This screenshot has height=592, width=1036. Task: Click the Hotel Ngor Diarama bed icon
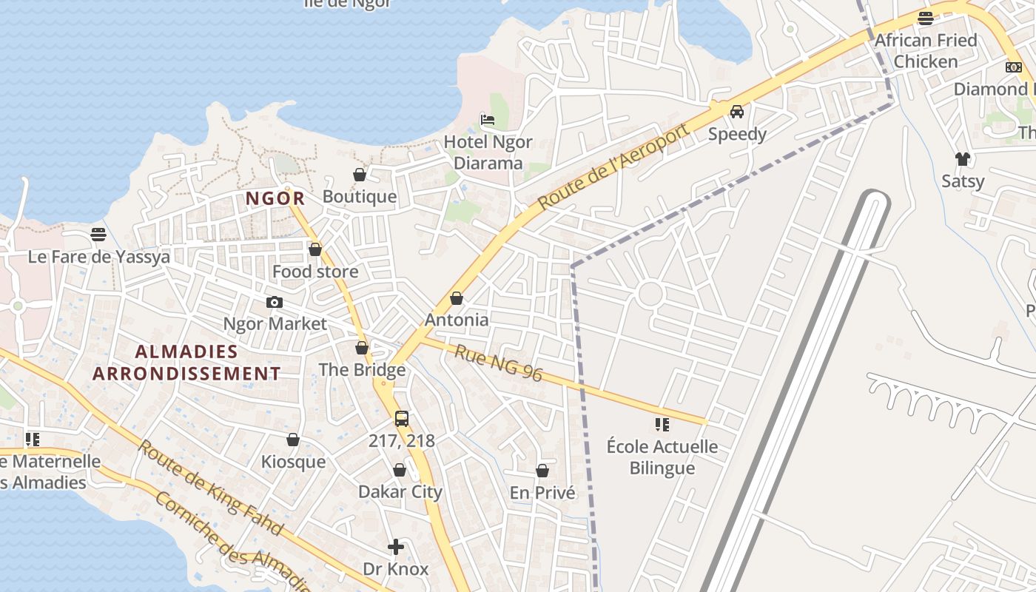click(487, 119)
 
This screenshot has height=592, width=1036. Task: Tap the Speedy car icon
click(737, 112)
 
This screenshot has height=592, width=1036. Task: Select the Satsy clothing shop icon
click(962, 158)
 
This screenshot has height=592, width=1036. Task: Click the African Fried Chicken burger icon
click(925, 18)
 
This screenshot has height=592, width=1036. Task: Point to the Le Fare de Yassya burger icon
click(98, 235)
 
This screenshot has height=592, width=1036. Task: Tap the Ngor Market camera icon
click(275, 302)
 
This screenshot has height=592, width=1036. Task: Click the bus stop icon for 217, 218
click(402, 419)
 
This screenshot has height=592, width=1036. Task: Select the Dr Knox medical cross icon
click(396, 547)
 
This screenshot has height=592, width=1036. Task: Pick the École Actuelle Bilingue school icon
click(662, 425)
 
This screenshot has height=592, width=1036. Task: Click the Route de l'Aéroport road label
click(613, 166)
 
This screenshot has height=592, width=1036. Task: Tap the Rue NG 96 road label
click(498, 363)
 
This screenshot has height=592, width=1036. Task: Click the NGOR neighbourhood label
click(275, 198)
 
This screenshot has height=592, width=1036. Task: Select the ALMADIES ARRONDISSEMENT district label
click(186, 363)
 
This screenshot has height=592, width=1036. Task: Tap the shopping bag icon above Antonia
click(457, 298)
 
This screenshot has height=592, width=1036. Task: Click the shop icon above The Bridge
click(362, 348)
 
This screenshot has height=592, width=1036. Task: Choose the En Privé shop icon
click(542, 471)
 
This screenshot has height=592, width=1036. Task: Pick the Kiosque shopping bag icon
click(293, 440)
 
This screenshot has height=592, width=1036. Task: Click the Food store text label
click(315, 272)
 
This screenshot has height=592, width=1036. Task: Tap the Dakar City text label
click(400, 491)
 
